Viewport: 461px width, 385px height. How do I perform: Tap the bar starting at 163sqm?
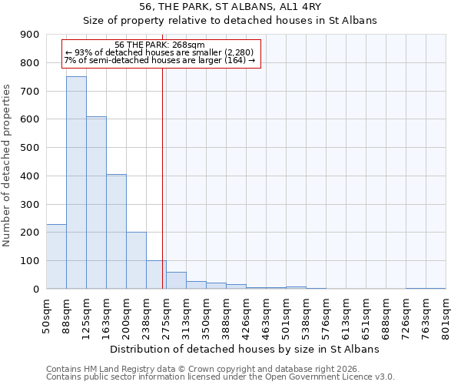pyautogui.click(x=116, y=231)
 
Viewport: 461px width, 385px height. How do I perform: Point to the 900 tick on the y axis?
pyautogui.click(x=30, y=35)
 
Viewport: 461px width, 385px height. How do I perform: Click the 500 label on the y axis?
pyautogui.click(x=30, y=148)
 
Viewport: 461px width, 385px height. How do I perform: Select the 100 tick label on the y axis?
pyautogui.click(x=30, y=261)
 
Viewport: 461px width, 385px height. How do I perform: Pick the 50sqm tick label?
pyautogui.click(x=46, y=315)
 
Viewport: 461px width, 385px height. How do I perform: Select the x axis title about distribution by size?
pyautogui.click(x=246, y=350)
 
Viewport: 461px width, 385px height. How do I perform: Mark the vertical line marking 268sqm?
pyautogui.click(x=163, y=177)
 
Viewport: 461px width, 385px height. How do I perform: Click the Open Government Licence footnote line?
pyautogui.click(x=221, y=377)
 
